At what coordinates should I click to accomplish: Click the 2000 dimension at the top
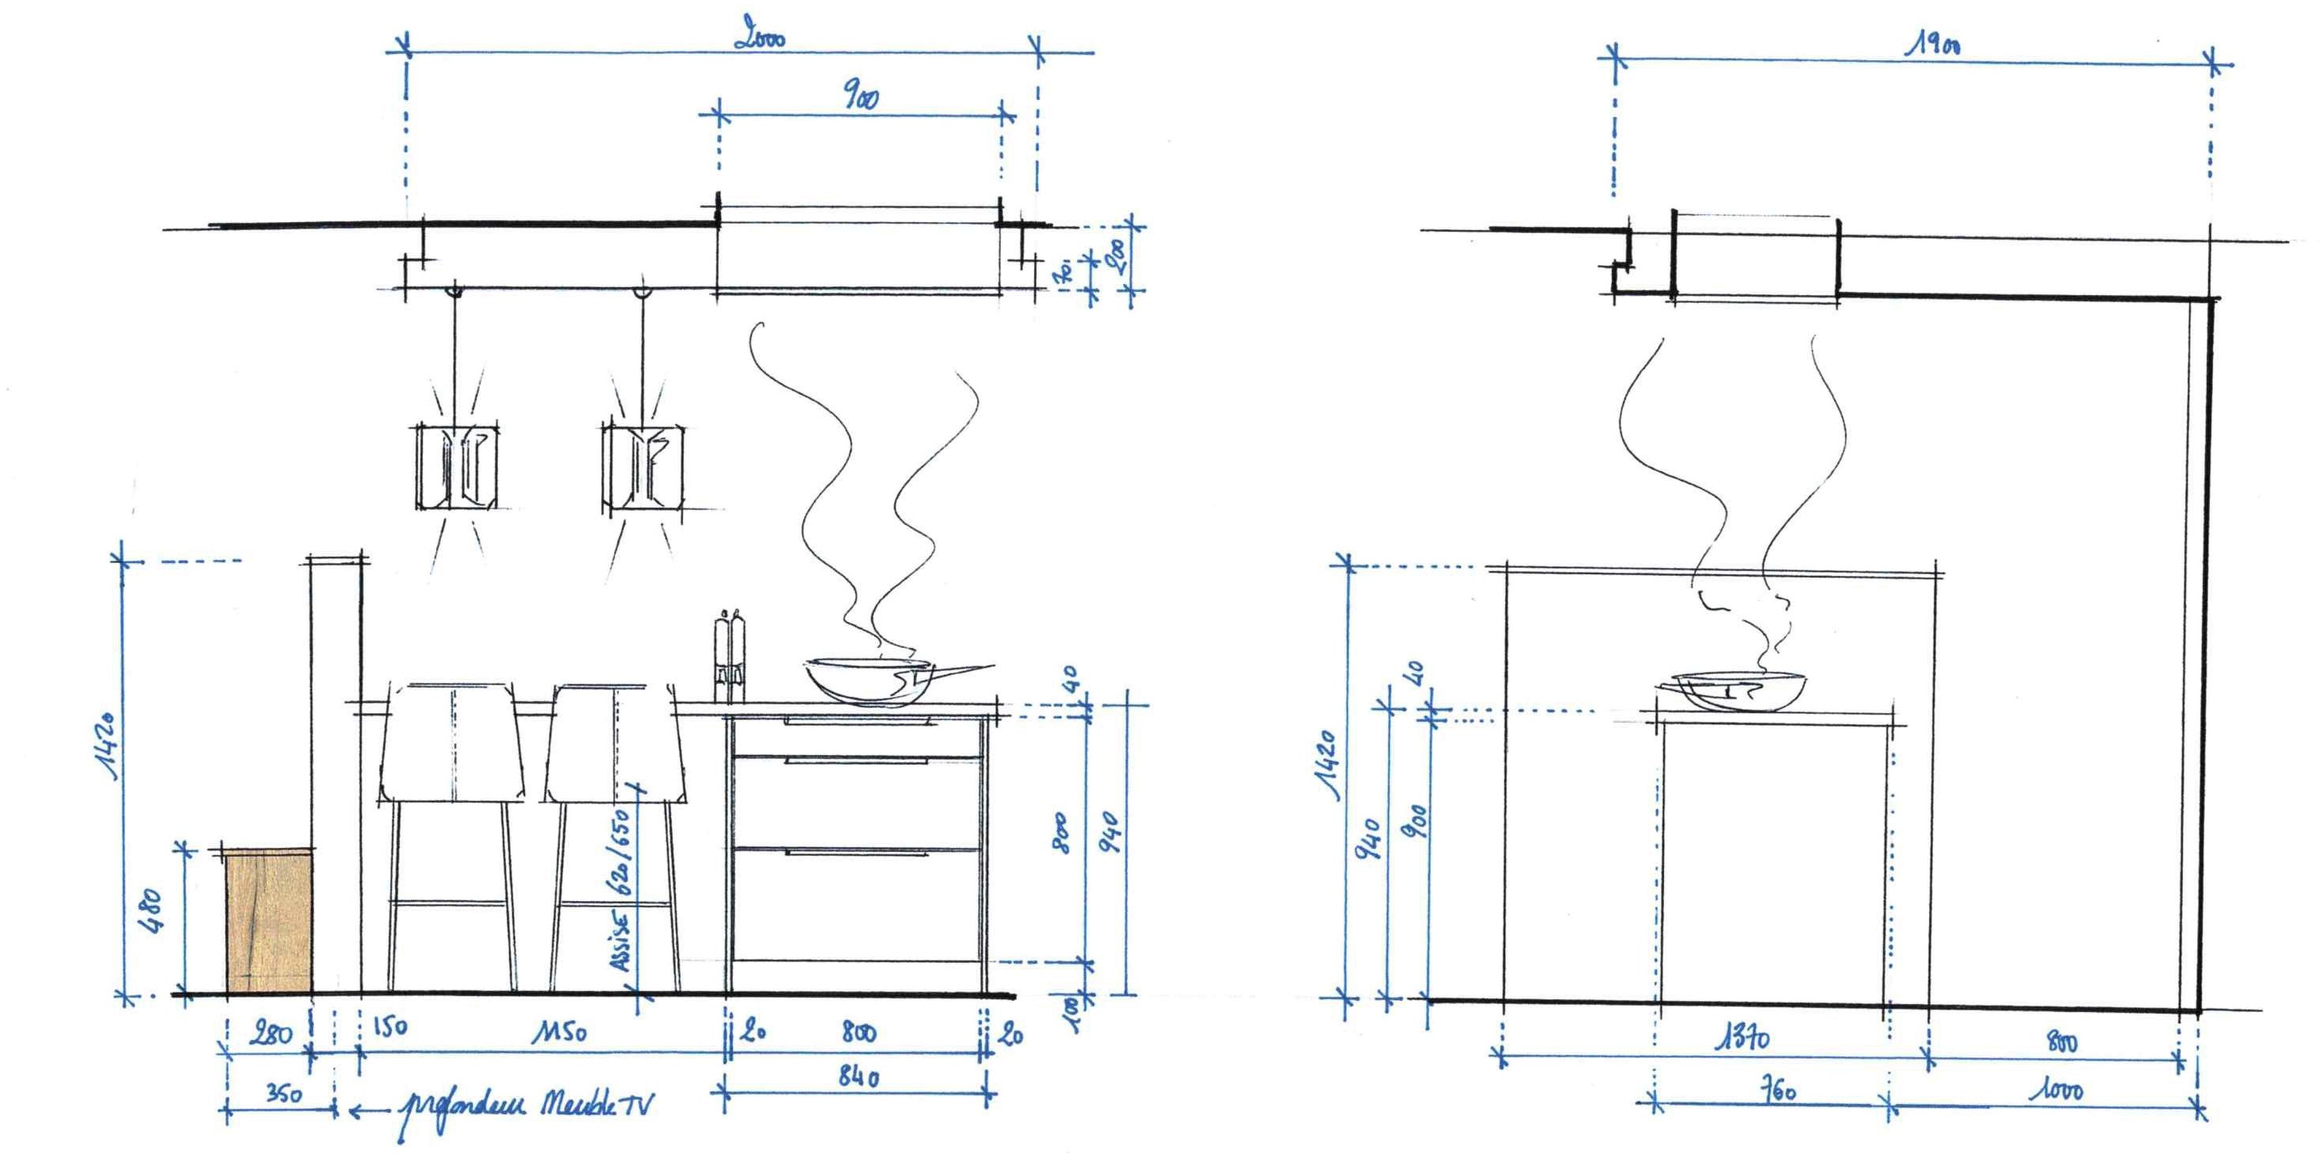(761, 38)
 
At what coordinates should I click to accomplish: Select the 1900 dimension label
(1935, 44)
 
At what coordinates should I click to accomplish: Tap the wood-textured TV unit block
(268, 921)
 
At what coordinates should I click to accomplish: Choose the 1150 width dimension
(558, 1031)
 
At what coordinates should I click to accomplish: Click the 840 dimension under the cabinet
(858, 1076)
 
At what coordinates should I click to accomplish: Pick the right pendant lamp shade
(642, 466)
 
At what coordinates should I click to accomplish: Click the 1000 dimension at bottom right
(2056, 1091)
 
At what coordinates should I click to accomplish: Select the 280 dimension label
(271, 1033)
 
